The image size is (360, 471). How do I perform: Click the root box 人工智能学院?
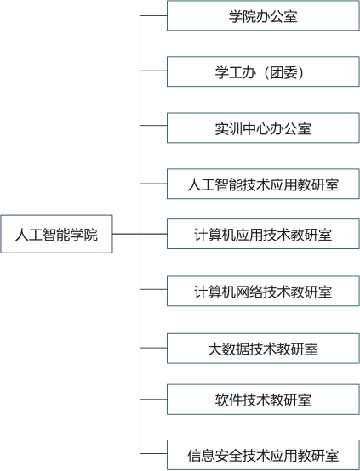56,234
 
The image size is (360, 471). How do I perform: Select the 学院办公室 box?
263,15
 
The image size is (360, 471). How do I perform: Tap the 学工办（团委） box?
263,71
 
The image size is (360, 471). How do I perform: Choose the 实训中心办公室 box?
263,128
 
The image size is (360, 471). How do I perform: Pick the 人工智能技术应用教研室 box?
263,184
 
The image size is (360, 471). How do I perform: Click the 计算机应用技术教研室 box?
263,234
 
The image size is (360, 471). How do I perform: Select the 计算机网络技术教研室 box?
263,291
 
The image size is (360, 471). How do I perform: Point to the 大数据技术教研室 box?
263,349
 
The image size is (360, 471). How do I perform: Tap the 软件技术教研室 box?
263,400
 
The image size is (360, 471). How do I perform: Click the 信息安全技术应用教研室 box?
263,455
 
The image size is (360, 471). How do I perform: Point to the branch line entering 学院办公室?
153,15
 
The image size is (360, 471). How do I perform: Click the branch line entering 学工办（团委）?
153,71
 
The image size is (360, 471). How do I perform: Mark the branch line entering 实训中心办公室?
153,125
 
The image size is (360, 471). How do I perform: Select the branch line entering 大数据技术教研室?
153,348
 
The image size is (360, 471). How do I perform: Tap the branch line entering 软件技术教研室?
153,400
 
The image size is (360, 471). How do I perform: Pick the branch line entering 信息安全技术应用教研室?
153,453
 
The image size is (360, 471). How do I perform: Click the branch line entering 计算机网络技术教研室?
153,289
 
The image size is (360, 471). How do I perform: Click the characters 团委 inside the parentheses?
283,73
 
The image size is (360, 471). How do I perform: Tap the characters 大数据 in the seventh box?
229,349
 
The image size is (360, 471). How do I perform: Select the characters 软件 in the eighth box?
229,400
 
